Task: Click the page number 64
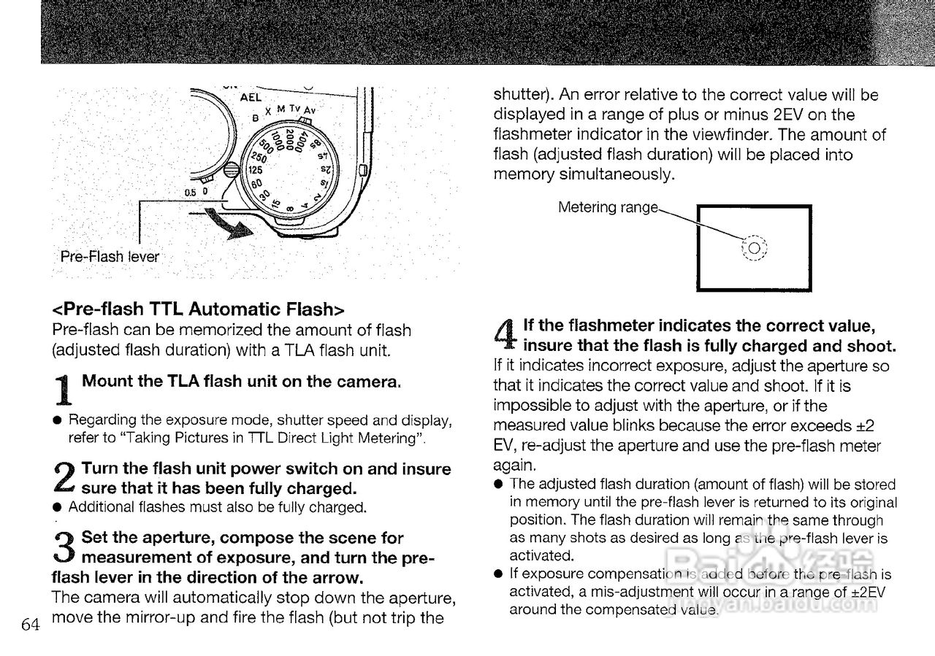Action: point(30,625)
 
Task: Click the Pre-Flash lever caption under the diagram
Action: point(110,257)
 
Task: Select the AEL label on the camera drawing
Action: point(252,96)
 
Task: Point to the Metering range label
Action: point(608,207)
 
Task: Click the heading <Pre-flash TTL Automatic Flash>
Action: point(197,309)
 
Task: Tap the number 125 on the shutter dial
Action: point(255,169)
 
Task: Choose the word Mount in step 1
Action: point(105,381)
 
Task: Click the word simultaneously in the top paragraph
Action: point(635,174)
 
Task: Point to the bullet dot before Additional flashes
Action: point(56,507)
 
